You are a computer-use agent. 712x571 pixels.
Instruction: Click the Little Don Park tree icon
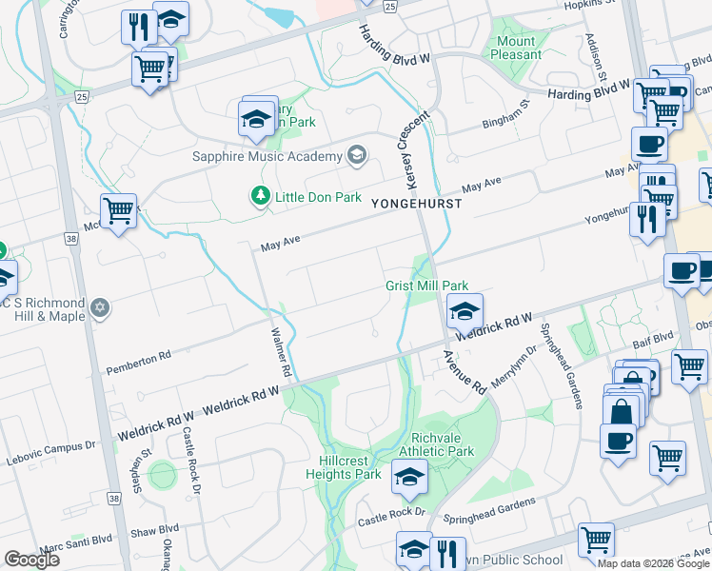click(260, 196)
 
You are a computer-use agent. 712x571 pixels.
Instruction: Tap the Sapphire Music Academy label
click(267, 156)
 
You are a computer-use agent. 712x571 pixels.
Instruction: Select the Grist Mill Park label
click(427, 285)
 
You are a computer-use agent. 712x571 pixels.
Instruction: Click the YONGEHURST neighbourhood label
click(416, 204)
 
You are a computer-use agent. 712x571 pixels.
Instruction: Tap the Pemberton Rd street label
click(138, 361)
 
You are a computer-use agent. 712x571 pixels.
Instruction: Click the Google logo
click(31, 560)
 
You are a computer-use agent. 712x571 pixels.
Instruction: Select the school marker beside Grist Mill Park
click(464, 311)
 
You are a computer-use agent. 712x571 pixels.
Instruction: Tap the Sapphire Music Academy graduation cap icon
click(357, 155)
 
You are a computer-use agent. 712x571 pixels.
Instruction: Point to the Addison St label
click(596, 57)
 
